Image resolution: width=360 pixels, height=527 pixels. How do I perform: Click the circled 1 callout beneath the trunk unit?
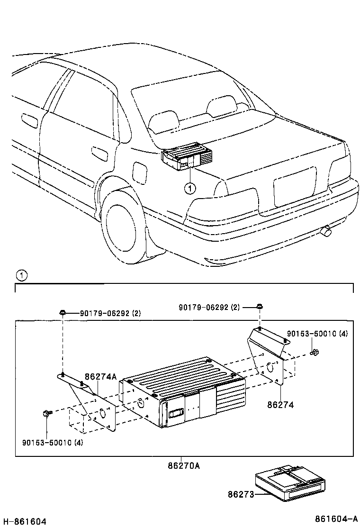click(189, 189)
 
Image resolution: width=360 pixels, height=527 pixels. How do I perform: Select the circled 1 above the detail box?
click(21, 275)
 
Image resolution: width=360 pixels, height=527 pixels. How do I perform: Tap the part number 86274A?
click(100, 377)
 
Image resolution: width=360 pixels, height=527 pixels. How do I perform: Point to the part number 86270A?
click(183, 466)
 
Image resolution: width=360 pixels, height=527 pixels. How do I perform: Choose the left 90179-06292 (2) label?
click(110, 313)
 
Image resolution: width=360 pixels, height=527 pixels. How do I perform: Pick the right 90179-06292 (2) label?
click(209, 307)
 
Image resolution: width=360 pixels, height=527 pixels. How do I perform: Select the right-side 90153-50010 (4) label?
click(317, 334)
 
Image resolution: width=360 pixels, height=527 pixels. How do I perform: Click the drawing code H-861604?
click(24, 521)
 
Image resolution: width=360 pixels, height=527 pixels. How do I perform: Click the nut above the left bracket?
click(63, 312)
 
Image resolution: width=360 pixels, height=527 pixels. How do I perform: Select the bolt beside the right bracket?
click(314, 352)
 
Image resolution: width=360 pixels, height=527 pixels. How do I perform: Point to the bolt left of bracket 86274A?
click(45, 413)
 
